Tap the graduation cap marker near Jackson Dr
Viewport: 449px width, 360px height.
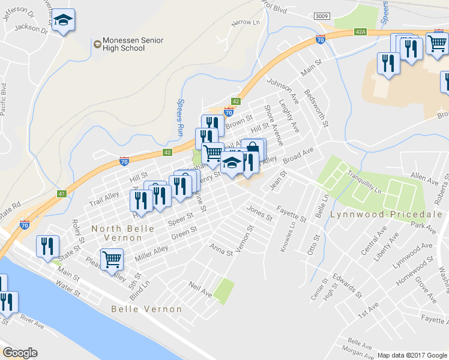(x=63, y=21)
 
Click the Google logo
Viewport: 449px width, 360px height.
(x=20, y=353)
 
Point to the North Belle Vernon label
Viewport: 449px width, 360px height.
(x=124, y=229)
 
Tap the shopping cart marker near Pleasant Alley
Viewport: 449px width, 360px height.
(x=112, y=260)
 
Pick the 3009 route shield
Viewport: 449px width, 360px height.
(x=321, y=17)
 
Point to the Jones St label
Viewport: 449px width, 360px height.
(x=260, y=212)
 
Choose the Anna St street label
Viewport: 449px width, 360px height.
(x=221, y=249)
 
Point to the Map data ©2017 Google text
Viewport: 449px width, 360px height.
(x=412, y=355)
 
